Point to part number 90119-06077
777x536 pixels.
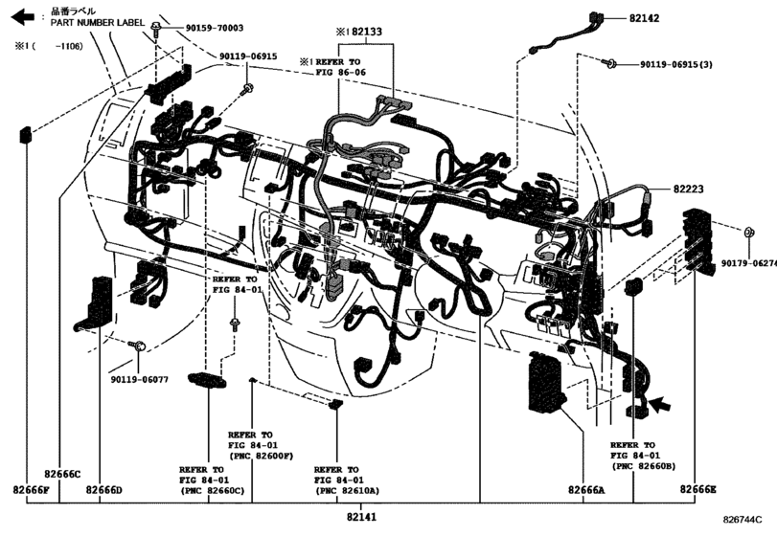click(x=138, y=379)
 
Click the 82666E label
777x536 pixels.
click(x=698, y=489)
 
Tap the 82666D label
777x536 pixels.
click(x=103, y=489)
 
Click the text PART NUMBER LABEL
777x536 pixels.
click(x=98, y=22)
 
